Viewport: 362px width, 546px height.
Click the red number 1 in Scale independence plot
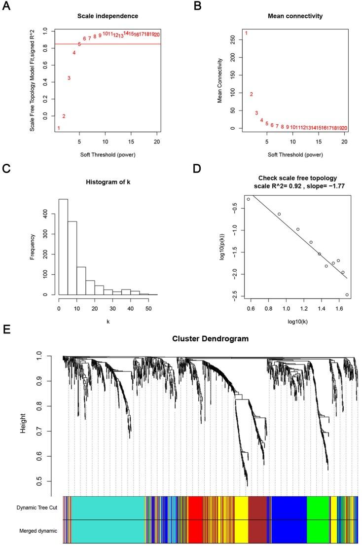point(59,128)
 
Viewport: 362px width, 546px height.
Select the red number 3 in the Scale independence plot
point(69,78)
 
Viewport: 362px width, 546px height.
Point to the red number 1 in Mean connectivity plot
point(246,33)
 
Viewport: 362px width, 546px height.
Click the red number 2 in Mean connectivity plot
point(251,94)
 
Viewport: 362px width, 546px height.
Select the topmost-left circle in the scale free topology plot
point(249,199)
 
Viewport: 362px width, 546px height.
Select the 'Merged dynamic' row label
point(37,531)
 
